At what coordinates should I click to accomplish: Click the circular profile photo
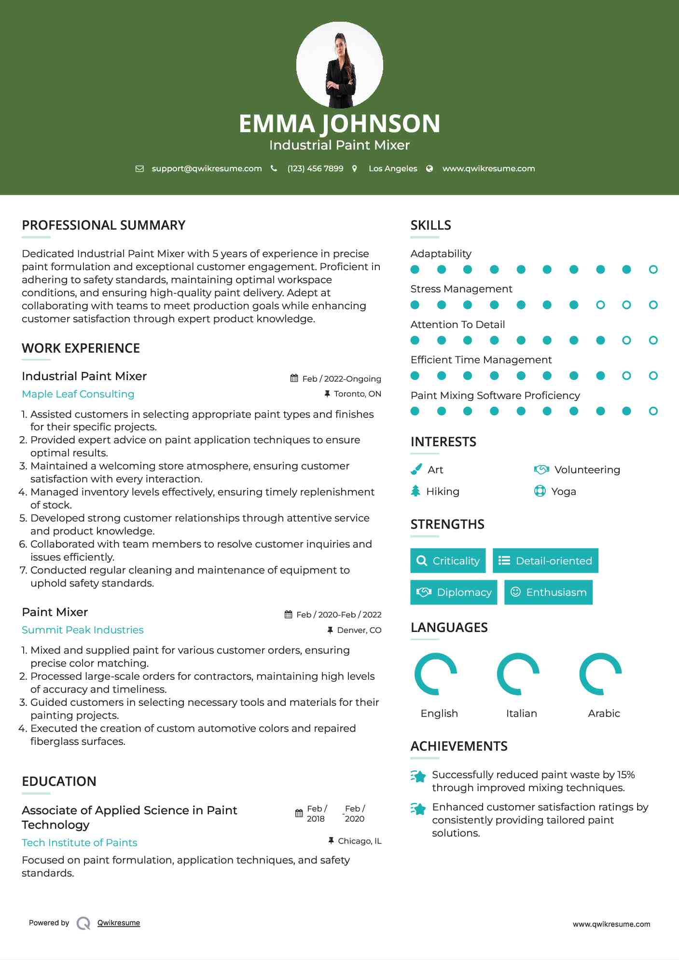point(339,65)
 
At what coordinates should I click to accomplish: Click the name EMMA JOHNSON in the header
point(339,123)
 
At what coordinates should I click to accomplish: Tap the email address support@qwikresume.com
point(207,168)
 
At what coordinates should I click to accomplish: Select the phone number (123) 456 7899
point(315,168)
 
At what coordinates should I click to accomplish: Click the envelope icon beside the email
point(139,168)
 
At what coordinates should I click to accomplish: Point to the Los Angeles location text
point(392,168)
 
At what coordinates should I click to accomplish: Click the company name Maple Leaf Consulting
point(78,394)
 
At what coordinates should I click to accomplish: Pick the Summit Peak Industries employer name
point(83,630)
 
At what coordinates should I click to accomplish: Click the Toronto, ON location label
point(357,394)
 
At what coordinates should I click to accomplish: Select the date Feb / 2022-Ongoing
point(341,379)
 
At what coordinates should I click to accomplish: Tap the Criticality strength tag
point(448,561)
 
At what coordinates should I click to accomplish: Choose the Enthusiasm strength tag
point(548,592)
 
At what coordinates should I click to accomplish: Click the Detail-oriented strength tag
point(545,561)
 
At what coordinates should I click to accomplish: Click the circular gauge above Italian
point(518,674)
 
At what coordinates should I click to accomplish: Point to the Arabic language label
point(604,713)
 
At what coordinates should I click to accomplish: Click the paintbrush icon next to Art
point(416,469)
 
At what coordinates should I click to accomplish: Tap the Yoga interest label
point(564,492)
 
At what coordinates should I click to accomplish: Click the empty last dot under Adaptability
point(653,270)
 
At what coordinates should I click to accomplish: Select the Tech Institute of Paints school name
point(80,843)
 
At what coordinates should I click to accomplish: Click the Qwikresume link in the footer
point(119,923)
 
